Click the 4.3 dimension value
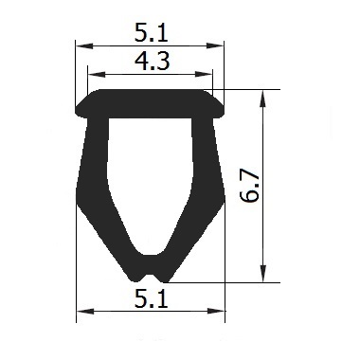click(153, 62)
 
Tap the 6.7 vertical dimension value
click(249, 187)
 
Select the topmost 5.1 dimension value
click(151, 33)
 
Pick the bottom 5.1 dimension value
click(151, 299)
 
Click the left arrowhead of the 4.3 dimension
click(97, 75)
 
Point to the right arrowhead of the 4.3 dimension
click(204, 75)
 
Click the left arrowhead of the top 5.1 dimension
click(84, 46)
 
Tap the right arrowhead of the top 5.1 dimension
click(215, 46)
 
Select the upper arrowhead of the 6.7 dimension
click(263, 99)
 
